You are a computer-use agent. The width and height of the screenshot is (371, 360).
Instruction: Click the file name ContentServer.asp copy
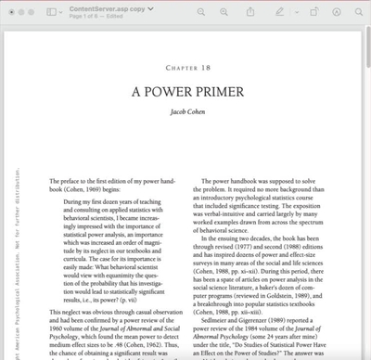click(104, 7)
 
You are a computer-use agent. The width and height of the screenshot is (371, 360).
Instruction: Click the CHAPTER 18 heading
click(186, 68)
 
